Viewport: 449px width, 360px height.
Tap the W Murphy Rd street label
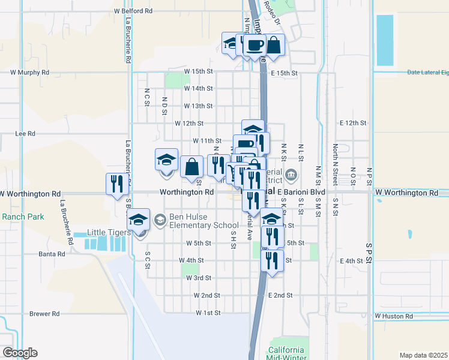(x=30, y=73)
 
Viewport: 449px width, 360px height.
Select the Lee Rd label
(x=25, y=134)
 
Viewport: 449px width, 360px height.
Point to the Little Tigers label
(x=108, y=232)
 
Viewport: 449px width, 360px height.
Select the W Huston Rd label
(x=394, y=316)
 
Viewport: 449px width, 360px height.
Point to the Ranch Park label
(x=22, y=217)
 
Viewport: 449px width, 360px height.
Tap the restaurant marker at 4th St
(x=273, y=260)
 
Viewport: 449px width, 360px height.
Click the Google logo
(x=20, y=353)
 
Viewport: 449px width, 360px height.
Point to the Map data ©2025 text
(x=423, y=355)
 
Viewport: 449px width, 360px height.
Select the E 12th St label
(x=352, y=123)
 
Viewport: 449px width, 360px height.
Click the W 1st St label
(x=208, y=313)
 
